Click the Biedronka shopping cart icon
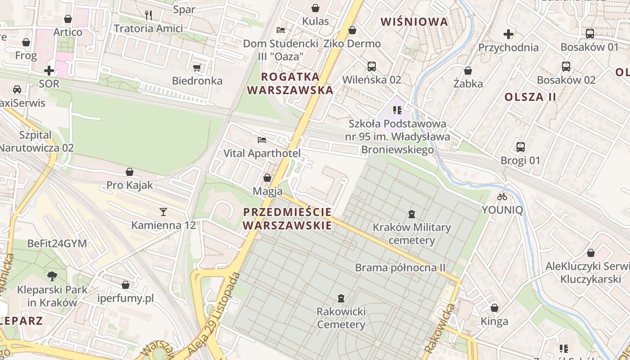coord(197,68)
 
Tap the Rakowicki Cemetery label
coord(341,318)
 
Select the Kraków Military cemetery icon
coord(411,214)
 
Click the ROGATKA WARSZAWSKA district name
coord(290,83)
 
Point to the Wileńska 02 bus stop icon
coord(372,67)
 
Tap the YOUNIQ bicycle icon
coord(502,197)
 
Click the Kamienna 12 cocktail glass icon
coord(163,211)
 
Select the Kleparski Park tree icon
coord(52,276)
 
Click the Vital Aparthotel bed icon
coord(262,140)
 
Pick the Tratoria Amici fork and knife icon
coord(148,15)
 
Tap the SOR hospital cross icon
coord(49,71)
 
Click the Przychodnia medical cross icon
coord(508,34)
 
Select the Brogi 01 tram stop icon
coord(521,147)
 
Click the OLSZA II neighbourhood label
coord(531,97)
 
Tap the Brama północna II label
coord(400,268)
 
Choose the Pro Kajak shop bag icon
coord(130,172)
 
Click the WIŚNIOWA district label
coord(414,22)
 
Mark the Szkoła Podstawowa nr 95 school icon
coord(397,110)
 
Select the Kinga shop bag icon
coord(495,308)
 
